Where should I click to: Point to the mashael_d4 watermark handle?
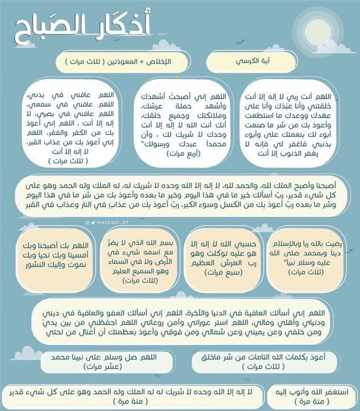point(112,223)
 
